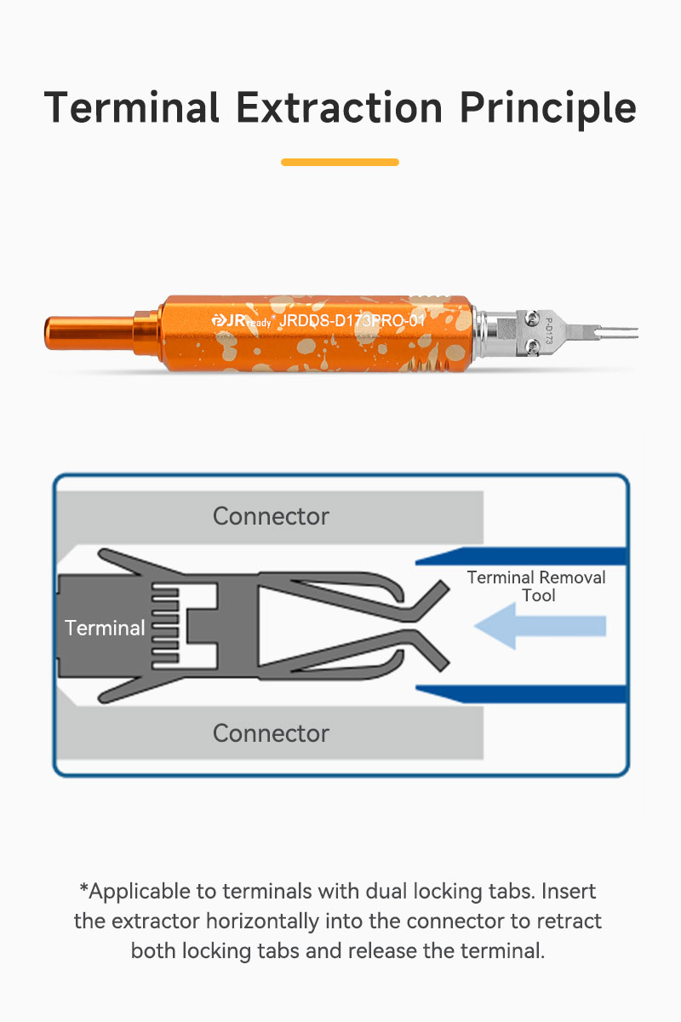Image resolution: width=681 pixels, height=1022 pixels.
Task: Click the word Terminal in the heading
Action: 132,107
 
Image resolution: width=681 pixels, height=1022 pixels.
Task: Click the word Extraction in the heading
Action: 340,107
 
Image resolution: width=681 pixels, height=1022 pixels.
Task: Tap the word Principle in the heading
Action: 548,110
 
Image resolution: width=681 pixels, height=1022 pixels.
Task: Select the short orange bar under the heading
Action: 340,162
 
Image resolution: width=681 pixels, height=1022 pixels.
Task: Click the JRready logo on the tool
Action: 241,321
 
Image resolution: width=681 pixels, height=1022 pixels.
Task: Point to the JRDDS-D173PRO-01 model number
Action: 352,320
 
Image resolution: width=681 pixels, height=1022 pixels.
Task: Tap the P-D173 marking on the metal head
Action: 549,331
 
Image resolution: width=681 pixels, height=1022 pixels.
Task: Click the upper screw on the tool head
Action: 531,318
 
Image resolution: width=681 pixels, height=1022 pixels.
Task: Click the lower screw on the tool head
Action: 531,347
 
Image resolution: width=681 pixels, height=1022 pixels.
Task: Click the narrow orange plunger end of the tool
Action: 89,333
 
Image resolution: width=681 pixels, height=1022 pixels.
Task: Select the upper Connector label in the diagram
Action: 271,516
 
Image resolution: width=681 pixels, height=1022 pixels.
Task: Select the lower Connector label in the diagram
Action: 271,733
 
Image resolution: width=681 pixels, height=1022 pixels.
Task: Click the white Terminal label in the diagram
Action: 105,628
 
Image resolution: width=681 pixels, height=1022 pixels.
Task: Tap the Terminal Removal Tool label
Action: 536,586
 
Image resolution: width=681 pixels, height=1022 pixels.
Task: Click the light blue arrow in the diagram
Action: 540,626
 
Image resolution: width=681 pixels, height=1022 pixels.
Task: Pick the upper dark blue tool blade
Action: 521,556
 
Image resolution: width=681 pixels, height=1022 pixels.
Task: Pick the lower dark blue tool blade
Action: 521,694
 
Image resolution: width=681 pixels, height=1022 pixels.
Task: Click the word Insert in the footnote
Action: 569,891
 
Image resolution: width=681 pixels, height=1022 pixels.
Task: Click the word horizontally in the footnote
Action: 262,922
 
